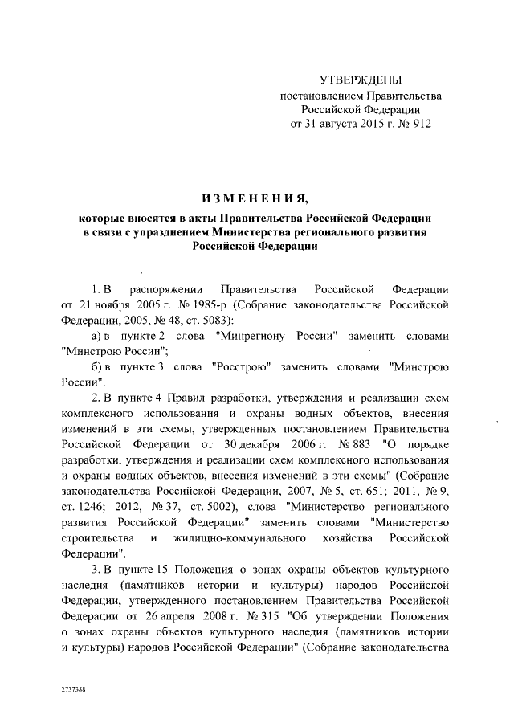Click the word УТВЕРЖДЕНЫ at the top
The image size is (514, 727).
(x=359, y=80)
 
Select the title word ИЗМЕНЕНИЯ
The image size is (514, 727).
(x=255, y=198)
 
